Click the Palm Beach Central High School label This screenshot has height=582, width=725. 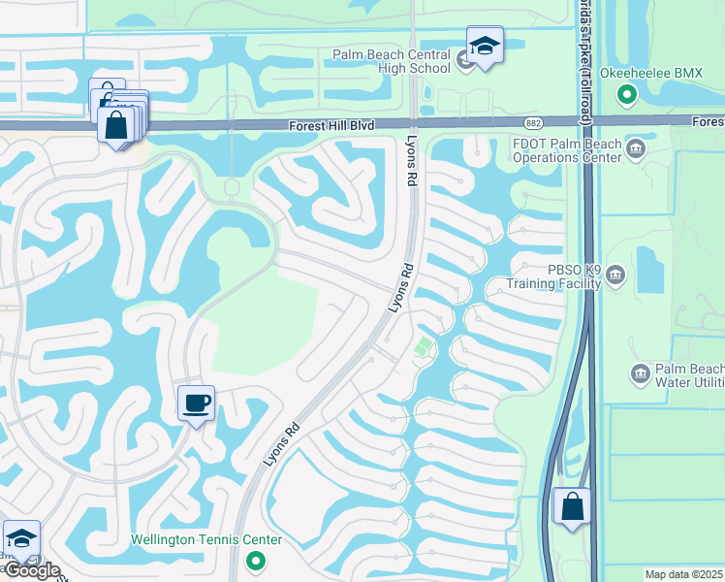click(x=393, y=60)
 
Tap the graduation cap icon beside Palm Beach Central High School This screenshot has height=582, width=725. click(x=484, y=46)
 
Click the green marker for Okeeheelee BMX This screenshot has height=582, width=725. click(x=626, y=94)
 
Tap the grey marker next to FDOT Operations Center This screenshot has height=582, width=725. click(x=637, y=148)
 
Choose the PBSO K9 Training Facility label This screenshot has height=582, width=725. click(x=555, y=276)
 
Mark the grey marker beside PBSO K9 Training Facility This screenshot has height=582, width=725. click(x=616, y=277)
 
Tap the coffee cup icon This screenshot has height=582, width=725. click(x=196, y=403)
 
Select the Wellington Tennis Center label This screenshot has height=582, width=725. click(x=207, y=540)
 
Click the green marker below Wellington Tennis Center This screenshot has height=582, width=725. click(x=255, y=560)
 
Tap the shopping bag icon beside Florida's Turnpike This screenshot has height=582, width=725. click(x=572, y=506)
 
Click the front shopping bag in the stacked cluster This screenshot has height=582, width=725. click(x=116, y=126)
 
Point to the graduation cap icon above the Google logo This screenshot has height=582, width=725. click(x=20, y=539)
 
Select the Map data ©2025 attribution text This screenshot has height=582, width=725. click(x=683, y=574)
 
